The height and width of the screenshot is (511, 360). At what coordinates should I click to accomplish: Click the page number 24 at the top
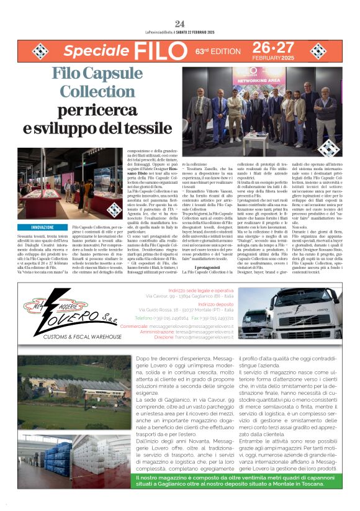[180, 24]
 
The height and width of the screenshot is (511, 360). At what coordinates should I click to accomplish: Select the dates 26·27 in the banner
[273, 48]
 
